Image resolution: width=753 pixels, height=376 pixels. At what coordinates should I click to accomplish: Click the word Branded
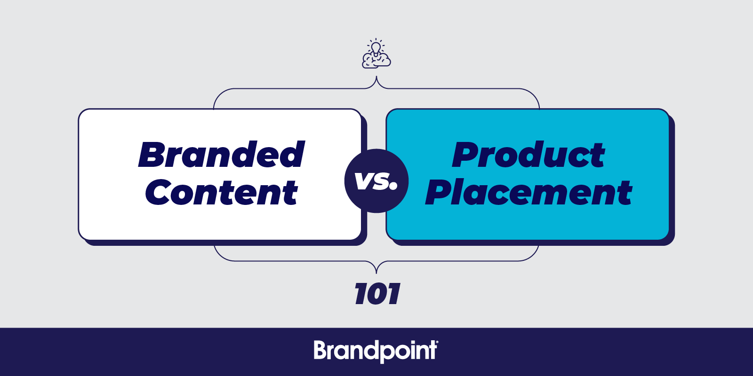[x=221, y=155]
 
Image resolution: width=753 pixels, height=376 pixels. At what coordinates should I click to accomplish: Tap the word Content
[x=222, y=192]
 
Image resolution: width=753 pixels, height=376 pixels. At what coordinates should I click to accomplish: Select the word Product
[x=528, y=155]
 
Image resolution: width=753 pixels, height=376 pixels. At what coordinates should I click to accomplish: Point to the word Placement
[x=529, y=192]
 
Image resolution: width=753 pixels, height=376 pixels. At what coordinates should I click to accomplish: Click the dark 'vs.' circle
[x=376, y=181]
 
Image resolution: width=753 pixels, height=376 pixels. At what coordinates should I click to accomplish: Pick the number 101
[x=377, y=294]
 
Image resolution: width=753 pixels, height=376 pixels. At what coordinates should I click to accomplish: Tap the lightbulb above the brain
[x=376, y=47]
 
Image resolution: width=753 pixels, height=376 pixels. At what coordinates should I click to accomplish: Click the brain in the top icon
[x=376, y=62]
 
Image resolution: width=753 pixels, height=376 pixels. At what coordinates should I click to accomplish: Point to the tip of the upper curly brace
[x=376, y=77]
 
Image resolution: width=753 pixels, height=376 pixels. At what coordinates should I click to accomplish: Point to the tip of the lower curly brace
[x=376, y=273]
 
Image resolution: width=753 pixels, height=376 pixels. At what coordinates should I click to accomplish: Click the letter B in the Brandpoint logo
[x=320, y=350]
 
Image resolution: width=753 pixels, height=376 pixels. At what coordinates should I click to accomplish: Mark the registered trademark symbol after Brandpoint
[x=437, y=343]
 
